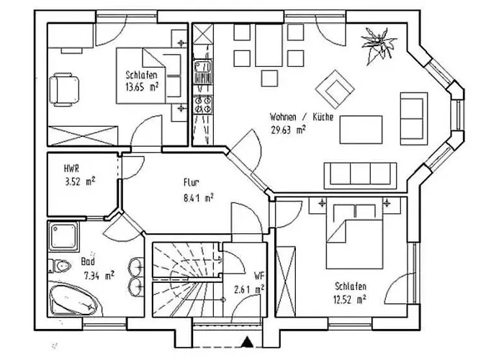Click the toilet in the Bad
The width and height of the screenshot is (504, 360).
pos(60,266)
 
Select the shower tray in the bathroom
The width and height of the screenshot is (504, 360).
pos(63,236)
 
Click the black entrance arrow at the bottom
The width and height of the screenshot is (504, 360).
pos(247,342)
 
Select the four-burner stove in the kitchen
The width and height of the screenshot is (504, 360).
pos(203,105)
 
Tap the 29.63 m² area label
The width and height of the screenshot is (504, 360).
pos(288,130)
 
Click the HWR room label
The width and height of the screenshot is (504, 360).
pos(71,168)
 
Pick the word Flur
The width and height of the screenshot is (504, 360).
pos(192,183)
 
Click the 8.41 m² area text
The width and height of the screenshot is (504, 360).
pos(199,198)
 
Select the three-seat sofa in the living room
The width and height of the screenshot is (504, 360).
pos(360,175)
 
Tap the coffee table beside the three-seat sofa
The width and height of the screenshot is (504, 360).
pos(361,130)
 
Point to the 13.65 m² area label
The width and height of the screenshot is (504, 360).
pos(142,87)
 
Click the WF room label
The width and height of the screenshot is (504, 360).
pos(259,276)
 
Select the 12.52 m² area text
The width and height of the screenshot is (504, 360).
pos(350,300)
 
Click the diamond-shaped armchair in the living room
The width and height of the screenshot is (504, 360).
pos(335,89)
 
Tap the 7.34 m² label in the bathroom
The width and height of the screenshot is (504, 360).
pos(99,276)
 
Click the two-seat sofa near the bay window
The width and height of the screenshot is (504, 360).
pos(414,119)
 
